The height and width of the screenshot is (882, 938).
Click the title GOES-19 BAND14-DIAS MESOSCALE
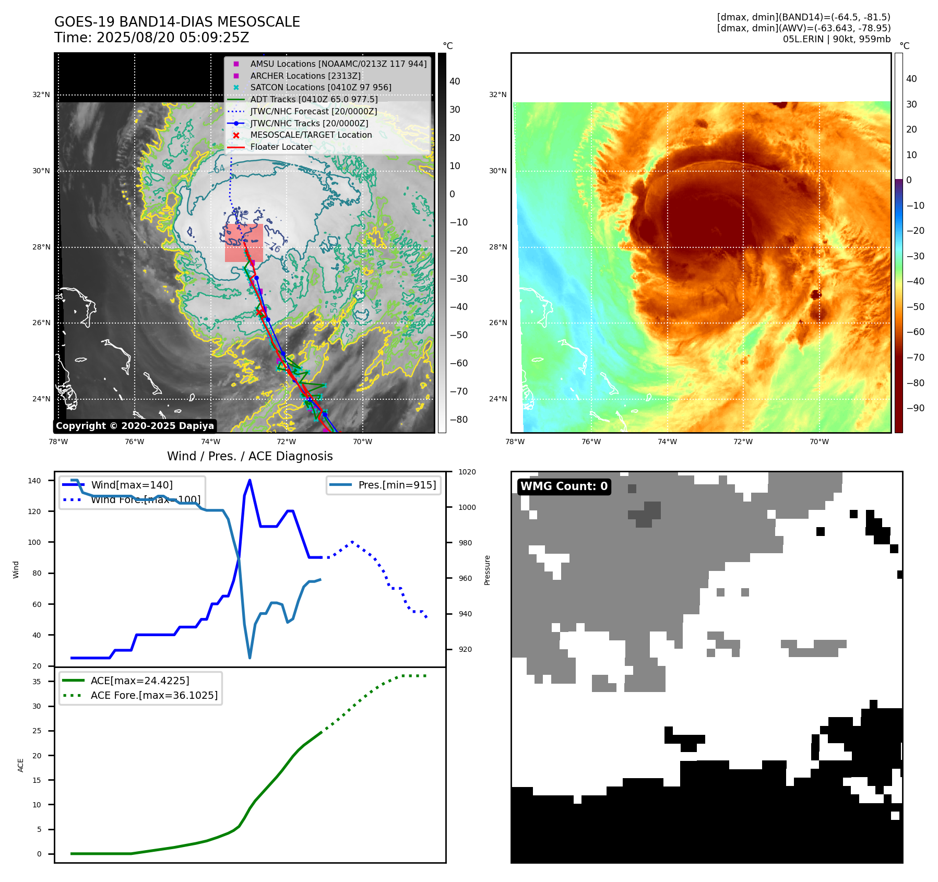(177, 22)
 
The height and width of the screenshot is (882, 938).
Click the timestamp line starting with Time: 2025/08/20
(151, 38)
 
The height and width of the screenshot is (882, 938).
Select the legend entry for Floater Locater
(281, 147)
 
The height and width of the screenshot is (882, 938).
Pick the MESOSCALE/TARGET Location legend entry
(311, 135)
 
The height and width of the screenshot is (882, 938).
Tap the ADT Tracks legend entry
(314, 99)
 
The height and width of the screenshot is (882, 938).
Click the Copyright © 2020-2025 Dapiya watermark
(135, 426)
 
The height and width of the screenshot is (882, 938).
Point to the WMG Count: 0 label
(564, 486)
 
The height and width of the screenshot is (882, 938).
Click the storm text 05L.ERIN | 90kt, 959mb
(836, 39)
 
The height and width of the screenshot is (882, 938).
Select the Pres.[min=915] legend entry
(397, 485)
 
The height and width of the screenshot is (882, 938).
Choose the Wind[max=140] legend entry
(132, 485)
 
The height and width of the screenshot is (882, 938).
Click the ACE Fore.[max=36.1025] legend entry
(154, 695)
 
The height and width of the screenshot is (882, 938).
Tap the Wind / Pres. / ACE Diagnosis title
(250, 456)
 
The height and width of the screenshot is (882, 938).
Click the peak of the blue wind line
(250, 480)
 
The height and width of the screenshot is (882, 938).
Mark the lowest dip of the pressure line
(250, 658)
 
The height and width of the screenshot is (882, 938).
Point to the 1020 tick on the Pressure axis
(467, 472)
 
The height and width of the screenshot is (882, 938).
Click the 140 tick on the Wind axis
(34, 481)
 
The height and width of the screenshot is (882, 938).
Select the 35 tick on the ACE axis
(37, 682)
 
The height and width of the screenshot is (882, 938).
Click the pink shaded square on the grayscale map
(244, 243)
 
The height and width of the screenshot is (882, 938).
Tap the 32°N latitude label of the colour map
(497, 95)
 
